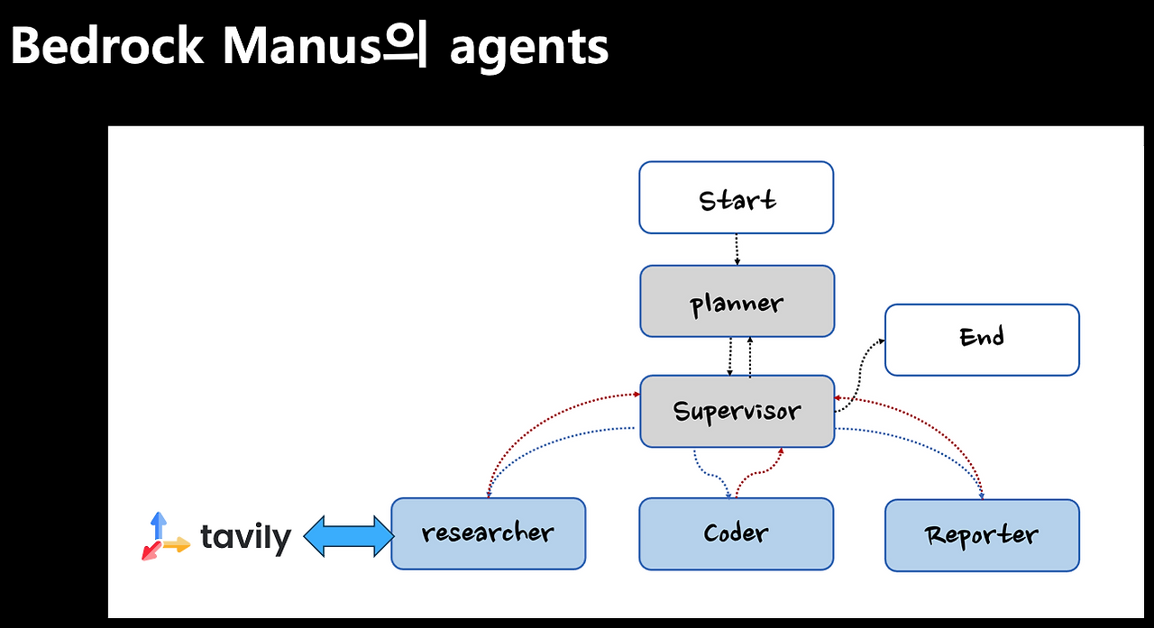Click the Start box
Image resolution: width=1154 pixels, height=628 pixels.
pyautogui.click(x=737, y=197)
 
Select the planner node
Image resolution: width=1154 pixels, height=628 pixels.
pyautogui.click(x=737, y=301)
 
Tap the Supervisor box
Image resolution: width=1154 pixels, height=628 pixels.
pyautogui.click(x=737, y=411)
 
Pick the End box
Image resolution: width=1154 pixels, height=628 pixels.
pyautogui.click(x=982, y=340)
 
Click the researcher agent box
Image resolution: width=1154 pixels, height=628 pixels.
pyautogui.click(x=489, y=533)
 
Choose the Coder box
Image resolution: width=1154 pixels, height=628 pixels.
pyautogui.click(x=737, y=533)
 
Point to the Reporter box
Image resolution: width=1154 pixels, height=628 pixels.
pyautogui.click(x=982, y=535)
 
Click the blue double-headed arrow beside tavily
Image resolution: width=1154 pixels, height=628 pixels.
pyautogui.click(x=349, y=536)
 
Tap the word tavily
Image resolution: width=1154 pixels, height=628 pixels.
pyautogui.click(x=246, y=538)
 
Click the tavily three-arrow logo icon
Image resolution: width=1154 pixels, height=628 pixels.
pyautogui.click(x=166, y=536)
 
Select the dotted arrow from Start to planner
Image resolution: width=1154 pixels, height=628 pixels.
pyautogui.click(x=737, y=250)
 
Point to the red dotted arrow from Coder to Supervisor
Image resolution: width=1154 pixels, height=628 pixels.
pyautogui.click(x=759, y=471)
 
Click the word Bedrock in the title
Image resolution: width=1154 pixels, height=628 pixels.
pyautogui.click(x=106, y=46)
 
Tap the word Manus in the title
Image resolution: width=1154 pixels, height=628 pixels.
pyautogui.click(x=301, y=46)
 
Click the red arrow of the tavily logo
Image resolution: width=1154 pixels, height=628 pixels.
pyautogui.click(x=151, y=551)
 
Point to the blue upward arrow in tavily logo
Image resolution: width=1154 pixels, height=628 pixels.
pyautogui.click(x=159, y=525)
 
